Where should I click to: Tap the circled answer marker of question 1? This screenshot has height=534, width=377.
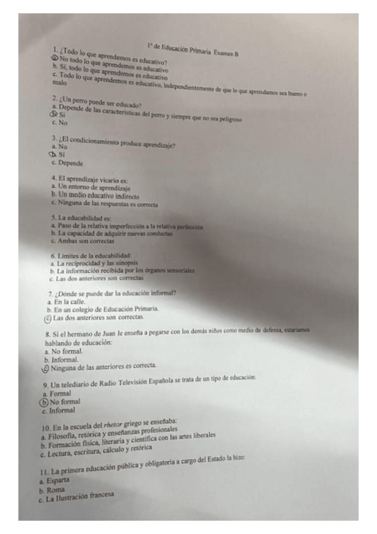(55, 58)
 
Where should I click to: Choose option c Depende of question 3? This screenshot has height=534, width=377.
(70, 163)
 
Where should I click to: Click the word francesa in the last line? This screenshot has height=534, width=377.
(100, 496)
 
